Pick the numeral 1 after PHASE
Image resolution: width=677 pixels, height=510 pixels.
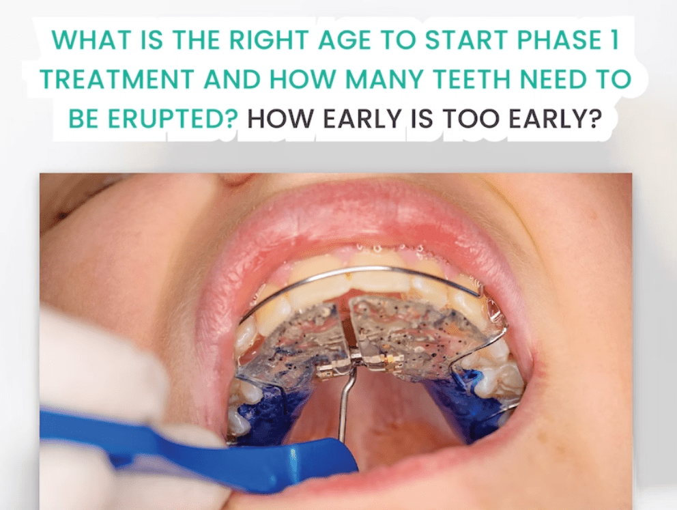click(616, 40)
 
